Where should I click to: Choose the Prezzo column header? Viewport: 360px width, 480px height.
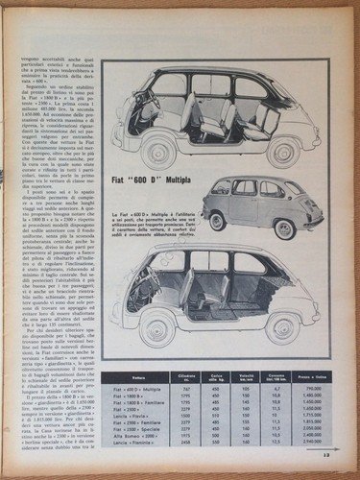point(310,382)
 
